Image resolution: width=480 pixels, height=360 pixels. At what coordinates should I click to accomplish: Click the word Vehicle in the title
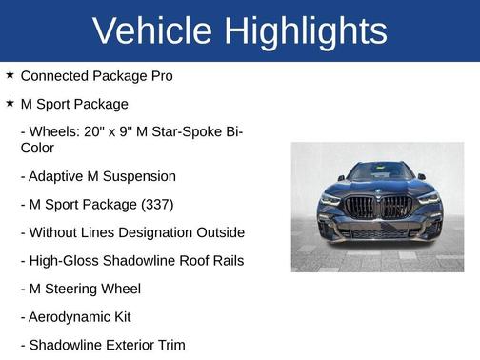tap(152, 31)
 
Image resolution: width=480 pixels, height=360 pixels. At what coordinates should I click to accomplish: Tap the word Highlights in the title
tap(306, 31)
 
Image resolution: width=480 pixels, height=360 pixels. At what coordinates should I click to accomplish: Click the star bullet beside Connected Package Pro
tap(10, 74)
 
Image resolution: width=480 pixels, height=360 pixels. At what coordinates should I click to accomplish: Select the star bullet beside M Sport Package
tap(10, 103)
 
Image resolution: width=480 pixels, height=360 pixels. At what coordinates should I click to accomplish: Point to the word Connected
tap(57, 75)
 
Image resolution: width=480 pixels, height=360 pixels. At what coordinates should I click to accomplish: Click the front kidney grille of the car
tap(378, 207)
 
